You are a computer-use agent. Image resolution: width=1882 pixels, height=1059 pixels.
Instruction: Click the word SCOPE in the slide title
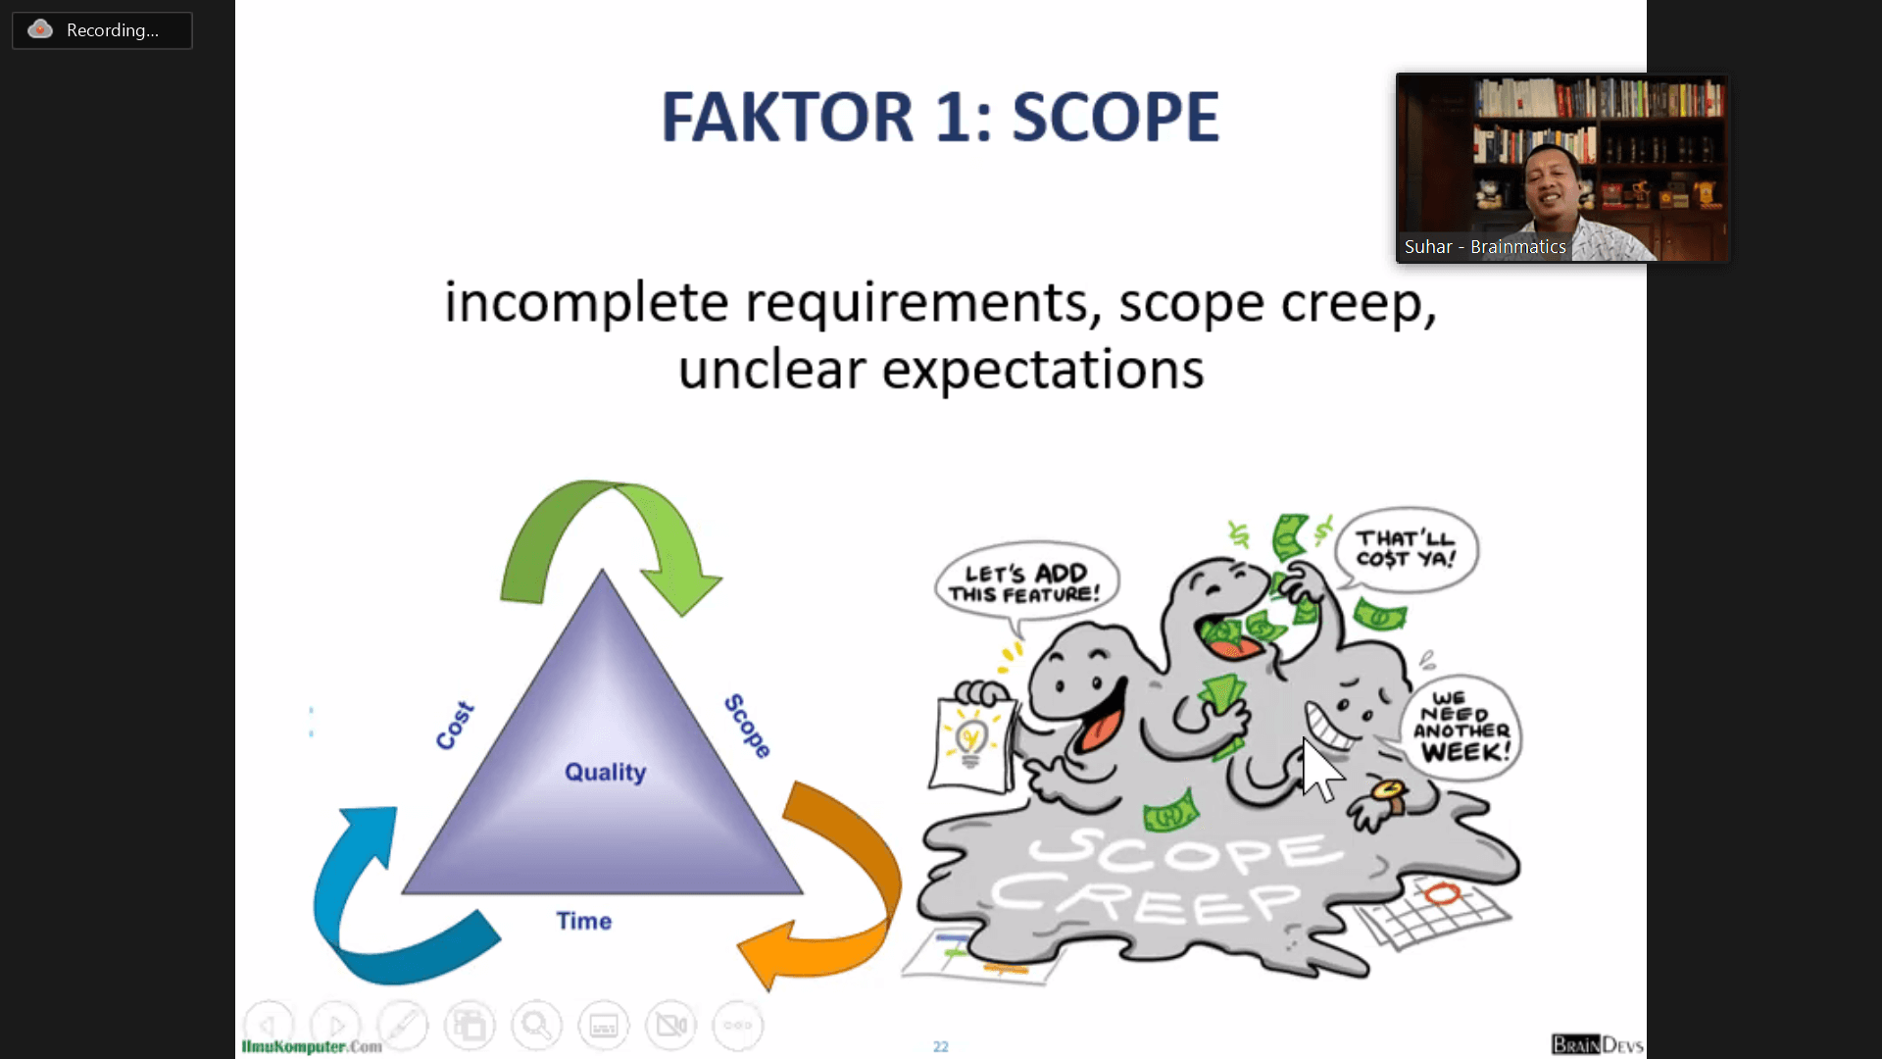coord(1115,117)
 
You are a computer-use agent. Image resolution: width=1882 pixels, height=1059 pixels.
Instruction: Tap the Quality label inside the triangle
coord(605,773)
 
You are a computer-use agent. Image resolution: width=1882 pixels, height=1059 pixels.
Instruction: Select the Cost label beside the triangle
coord(455,726)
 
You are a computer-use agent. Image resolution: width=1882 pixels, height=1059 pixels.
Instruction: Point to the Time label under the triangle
coord(584,921)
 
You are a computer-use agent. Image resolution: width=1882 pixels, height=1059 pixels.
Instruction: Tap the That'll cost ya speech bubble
coord(1407,548)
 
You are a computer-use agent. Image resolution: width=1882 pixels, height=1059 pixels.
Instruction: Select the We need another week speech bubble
coord(1461,727)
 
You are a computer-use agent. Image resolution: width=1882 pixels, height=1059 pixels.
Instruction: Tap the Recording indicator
coord(102,30)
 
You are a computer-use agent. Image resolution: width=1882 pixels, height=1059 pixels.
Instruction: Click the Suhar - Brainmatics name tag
coord(1485,247)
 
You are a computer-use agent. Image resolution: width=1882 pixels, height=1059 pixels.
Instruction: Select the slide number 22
coord(941,1046)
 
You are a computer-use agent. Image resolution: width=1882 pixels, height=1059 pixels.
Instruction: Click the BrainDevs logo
coord(1598,1044)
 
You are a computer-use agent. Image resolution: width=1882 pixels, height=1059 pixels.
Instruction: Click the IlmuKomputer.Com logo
coord(312,1046)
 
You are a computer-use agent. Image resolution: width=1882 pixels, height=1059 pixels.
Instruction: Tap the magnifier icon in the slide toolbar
coord(536,1026)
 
